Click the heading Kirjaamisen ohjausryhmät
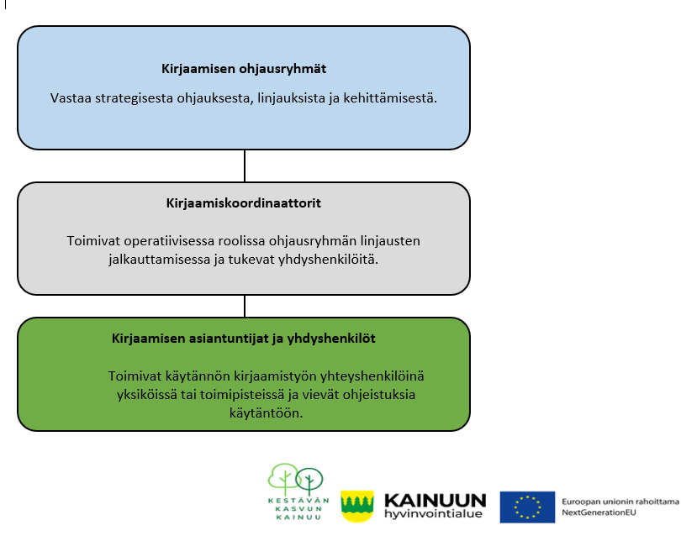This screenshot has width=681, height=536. (244, 69)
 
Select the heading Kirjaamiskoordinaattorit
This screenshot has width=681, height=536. (244, 203)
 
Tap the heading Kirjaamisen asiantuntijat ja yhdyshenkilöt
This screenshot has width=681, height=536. (244, 339)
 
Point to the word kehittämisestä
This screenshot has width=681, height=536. (390, 98)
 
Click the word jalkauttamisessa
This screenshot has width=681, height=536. (160, 260)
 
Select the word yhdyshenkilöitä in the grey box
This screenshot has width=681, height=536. (329, 260)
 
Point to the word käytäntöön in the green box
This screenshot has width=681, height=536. (266, 413)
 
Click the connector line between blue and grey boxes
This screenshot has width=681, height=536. (245, 166)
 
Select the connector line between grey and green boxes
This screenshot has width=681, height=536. (245, 307)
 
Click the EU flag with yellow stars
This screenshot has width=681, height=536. (527, 507)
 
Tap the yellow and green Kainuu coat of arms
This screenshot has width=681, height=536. (357, 506)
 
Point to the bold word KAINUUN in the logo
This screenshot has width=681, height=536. (436, 501)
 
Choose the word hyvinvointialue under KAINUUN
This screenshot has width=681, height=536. (434, 514)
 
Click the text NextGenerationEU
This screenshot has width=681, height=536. (599, 512)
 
